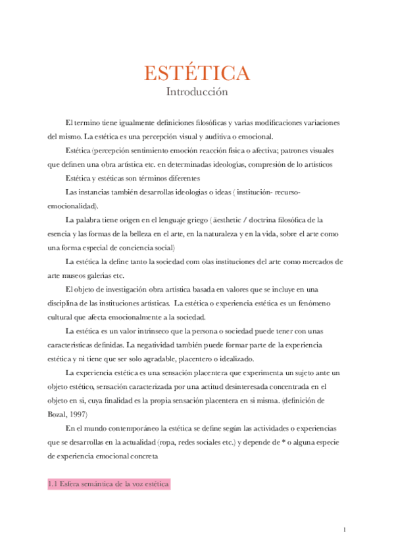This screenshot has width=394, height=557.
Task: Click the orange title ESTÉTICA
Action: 197,73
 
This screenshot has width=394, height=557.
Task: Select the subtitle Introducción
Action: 197,92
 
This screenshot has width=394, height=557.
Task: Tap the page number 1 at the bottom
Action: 345,529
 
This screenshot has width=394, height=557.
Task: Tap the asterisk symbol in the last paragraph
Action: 283,442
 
